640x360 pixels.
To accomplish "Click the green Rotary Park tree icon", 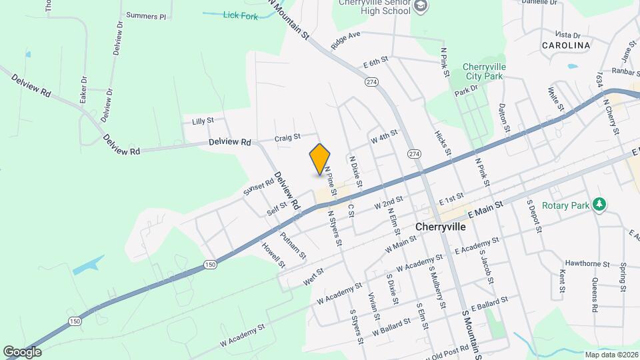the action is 599,204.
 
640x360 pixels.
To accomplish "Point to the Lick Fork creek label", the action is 240,15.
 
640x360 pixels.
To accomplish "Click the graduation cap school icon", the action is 421,6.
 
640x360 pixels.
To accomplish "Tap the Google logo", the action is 22,351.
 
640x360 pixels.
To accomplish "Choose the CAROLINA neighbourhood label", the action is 566,45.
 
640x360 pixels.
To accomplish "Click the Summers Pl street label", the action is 145,15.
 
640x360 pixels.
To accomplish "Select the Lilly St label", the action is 202,121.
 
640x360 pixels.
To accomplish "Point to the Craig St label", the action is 288,138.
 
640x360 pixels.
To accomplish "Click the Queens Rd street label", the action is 594,294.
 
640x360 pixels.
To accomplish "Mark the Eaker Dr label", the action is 83,89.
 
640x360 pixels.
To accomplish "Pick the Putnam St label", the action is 293,245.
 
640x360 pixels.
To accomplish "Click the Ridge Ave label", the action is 345,40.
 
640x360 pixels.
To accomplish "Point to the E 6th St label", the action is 375,63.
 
